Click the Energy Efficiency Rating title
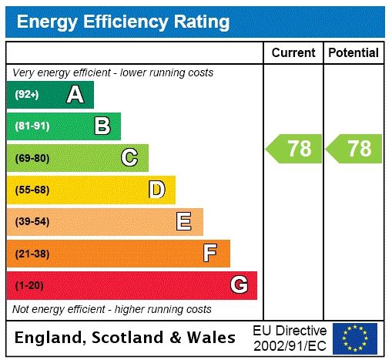pos(123,22)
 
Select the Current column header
pos(293,52)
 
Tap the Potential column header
pos(353,52)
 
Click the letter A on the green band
pos(75,95)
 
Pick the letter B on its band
pos(102,126)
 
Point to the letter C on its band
pos(129,158)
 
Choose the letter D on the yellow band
pos(156,190)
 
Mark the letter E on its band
pos(184,222)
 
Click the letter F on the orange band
pos(210,253)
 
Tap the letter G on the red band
pos(239,285)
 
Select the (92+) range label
pos(27,95)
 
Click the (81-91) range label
pos(32,126)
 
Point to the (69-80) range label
pos(32,158)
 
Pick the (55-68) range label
pos(32,190)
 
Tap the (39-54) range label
pos(32,222)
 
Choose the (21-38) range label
pos(32,254)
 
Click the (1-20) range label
pos(30,285)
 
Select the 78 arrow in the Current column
pos(294,148)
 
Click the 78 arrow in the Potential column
pos(354,148)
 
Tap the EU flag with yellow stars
pos(355,338)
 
